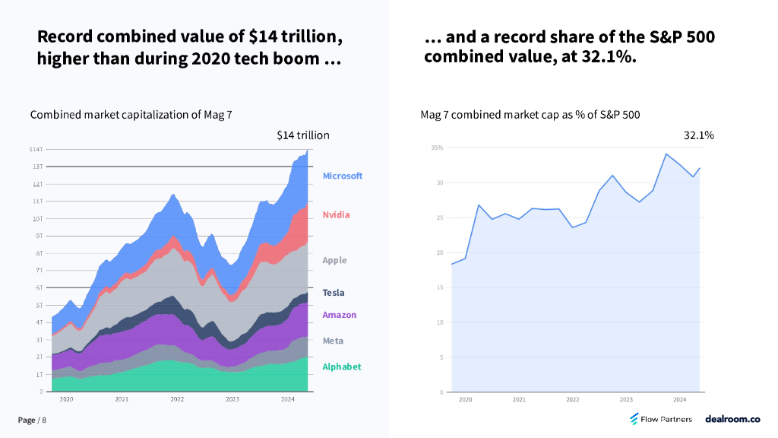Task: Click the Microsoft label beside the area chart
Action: coord(342,176)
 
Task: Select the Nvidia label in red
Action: coord(336,214)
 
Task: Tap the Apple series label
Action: coord(334,260)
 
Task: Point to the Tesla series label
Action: coord(333,293)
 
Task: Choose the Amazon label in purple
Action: coord(339,315)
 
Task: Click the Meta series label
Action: coord(333,341)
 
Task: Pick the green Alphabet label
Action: coord(341,367)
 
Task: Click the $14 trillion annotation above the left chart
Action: coord(302,135)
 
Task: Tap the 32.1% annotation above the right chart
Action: coord(698,135)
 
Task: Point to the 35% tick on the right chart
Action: coord(437,148)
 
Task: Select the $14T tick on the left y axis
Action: coord(36,149)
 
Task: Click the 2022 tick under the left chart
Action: coord(177,399)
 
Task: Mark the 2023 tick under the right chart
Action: coord(626,399)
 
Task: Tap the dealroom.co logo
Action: coord(732,419)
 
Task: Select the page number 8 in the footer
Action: coord(44,421)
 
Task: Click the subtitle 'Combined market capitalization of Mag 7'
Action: coord(131,115)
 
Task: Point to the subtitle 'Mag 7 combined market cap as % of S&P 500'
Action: coord(530,115)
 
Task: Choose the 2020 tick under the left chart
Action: coord(66,399)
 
